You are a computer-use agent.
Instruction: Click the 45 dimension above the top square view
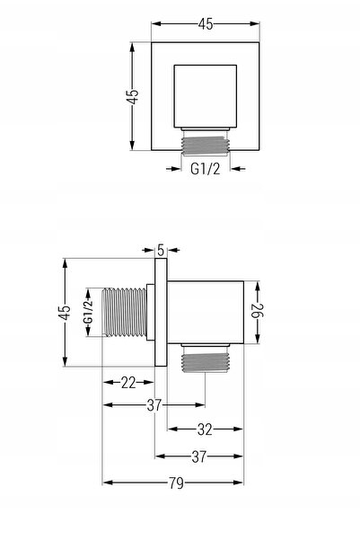(206, 23)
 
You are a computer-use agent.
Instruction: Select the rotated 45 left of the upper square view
(132, 96)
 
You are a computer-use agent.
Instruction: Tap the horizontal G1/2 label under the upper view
(205, 169)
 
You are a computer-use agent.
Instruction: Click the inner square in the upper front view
(205, 96)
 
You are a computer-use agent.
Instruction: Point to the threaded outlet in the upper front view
(206, 146)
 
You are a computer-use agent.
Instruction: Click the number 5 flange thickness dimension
(161, 250)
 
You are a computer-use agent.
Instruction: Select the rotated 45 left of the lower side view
(65, 313)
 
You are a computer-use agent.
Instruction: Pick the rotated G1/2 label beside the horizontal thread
(89, 312)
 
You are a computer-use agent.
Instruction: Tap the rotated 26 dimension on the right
(259, 311)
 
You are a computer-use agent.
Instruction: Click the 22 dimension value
(128, 383)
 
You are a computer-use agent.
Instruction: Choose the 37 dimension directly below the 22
(154, 405)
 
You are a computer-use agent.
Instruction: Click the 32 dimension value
(205, 429)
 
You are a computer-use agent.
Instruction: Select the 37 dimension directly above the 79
(199, 456)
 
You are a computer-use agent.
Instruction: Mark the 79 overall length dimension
(176, 483)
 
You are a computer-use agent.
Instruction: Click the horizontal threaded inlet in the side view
(125, 312)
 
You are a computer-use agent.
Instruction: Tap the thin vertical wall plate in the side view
(161, 312)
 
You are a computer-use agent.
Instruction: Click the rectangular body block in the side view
(206, 313)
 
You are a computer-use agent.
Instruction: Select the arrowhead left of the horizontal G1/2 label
(173, 169)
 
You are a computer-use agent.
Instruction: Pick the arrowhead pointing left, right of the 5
(173, 250)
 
